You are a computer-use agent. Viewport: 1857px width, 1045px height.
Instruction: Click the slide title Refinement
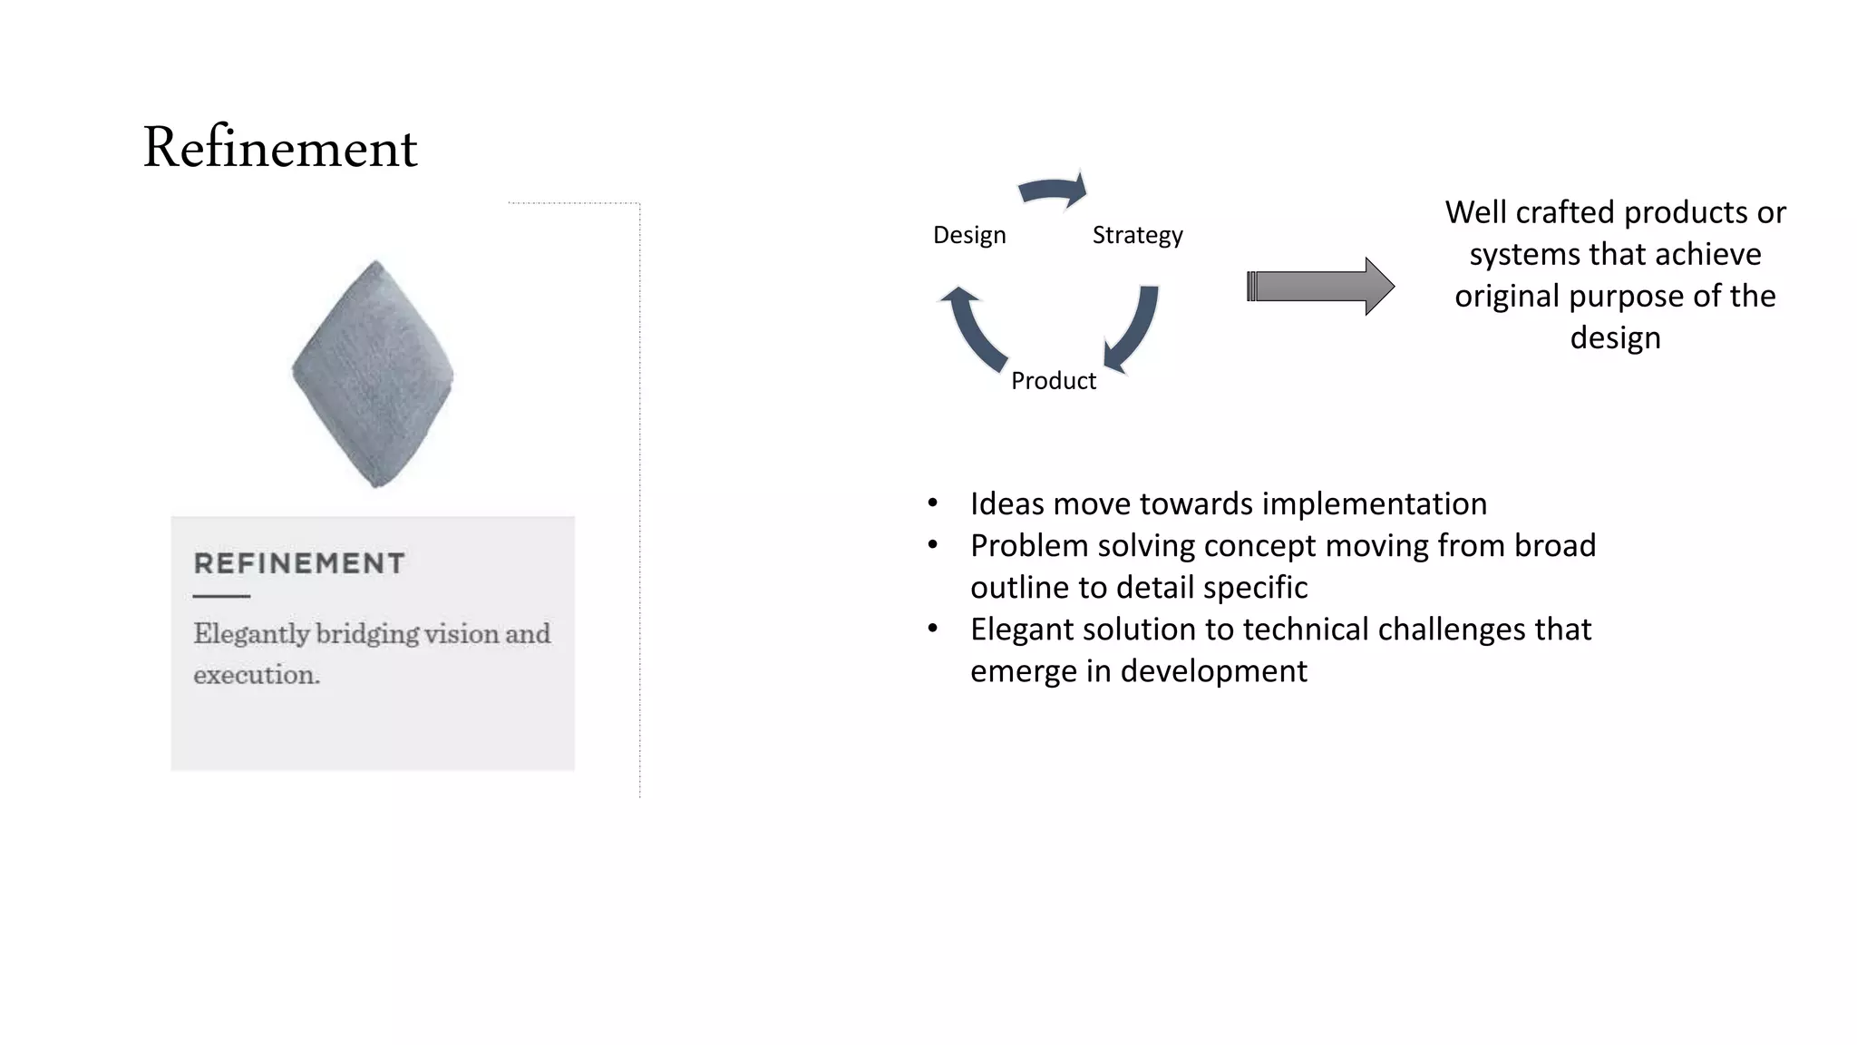pyautogui.click(x=279, y=148)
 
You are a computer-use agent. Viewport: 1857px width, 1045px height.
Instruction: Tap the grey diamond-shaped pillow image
pyautogui.click(x=373, y=374)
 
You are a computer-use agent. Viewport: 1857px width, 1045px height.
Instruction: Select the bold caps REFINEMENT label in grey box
pyautogui.click(x=299, y=563)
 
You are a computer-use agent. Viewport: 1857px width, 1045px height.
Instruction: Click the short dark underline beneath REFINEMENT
pyautogui.click(x=221, y=596)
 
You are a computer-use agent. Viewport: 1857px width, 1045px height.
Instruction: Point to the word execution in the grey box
pyautogui.click(x=256, y=675)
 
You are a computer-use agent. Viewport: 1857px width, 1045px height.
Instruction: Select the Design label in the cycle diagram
pyautogui.click(x=969, y=235)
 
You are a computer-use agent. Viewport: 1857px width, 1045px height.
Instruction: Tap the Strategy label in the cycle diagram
pyautogui.click(x=1137, y=235)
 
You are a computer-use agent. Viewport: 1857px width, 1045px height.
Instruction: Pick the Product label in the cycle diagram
pyautogui.click(x=1053, y=380)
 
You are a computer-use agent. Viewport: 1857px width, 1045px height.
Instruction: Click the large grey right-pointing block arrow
pyautogui.click(x=1321, y=287)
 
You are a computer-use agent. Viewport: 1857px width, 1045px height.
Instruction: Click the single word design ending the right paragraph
pyautogui.click(x=1615, y=337)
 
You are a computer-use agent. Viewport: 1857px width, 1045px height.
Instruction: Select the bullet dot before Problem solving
pyautogui.click(x=932, y=545)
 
